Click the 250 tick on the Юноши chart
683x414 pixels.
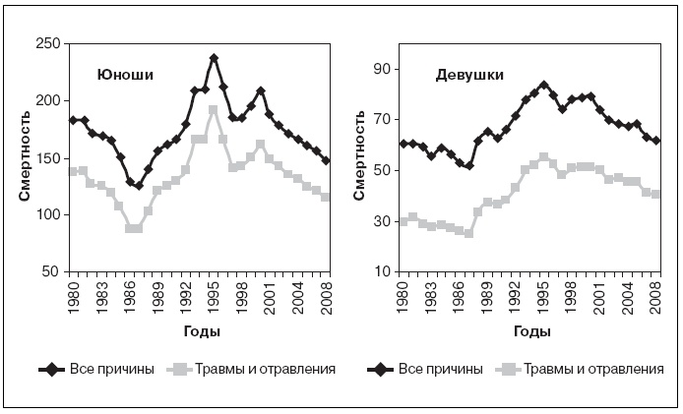point(47,44)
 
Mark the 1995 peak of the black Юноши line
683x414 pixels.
point(214,58)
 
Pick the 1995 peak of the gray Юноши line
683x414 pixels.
point(214,109)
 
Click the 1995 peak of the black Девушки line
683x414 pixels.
point(543,85)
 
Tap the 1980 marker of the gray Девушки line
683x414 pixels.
point(404,221)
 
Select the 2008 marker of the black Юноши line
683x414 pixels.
point(326,160)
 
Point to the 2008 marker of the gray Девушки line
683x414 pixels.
point(656,195)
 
